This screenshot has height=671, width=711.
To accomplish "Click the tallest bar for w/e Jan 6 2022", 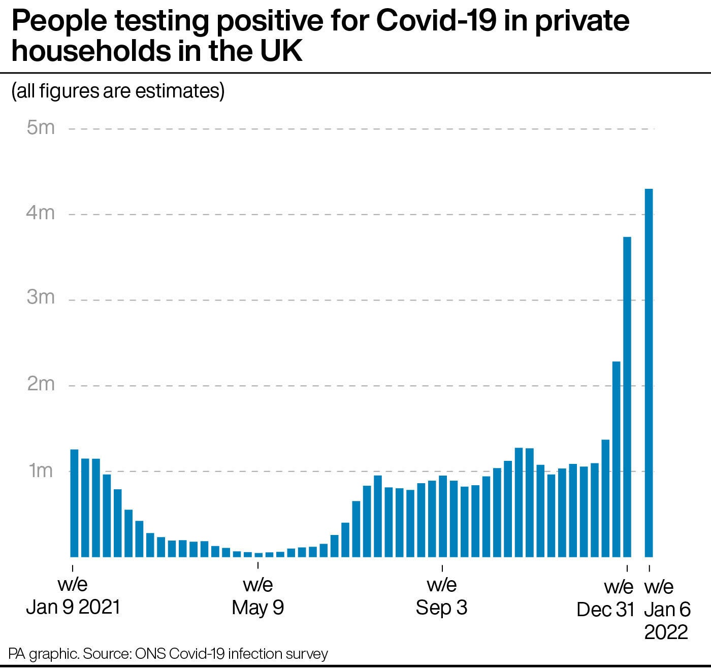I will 649,373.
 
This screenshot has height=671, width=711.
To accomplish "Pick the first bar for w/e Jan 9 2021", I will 74,503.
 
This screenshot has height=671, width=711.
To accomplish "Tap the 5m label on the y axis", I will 41,127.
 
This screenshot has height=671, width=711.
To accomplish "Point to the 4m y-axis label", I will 41,213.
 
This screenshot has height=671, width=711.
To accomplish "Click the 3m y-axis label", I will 41,297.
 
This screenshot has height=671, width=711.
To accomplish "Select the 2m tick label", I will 41,384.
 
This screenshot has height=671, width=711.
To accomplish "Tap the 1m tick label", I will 41,471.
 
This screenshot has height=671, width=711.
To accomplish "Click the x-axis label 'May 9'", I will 257,607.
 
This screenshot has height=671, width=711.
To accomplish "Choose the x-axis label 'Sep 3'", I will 441,607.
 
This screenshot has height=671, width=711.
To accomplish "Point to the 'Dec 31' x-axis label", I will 605,609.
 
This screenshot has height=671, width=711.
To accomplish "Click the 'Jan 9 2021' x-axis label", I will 73,607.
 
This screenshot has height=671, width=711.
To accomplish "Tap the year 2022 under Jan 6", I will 666,632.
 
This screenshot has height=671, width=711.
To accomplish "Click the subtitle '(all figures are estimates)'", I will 118,91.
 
